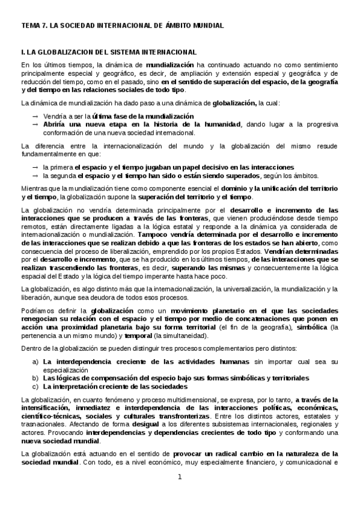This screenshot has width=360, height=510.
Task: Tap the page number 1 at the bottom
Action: (178, 477)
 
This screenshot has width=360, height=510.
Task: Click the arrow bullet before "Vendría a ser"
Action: (36, 115)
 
